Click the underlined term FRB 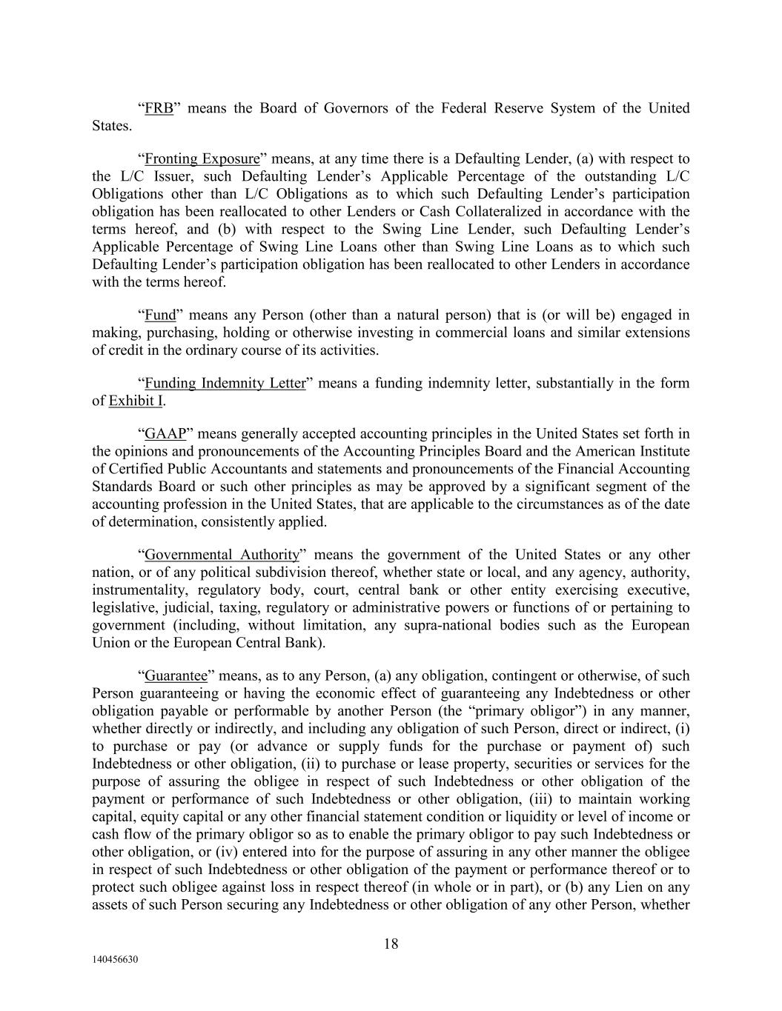tap(159, 108)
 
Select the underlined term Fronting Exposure tap(202, 159)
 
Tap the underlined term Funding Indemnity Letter tap(225, 383)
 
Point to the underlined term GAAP tap(165, 433)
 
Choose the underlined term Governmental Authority tap(222, 555)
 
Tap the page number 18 tap(391, 944)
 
